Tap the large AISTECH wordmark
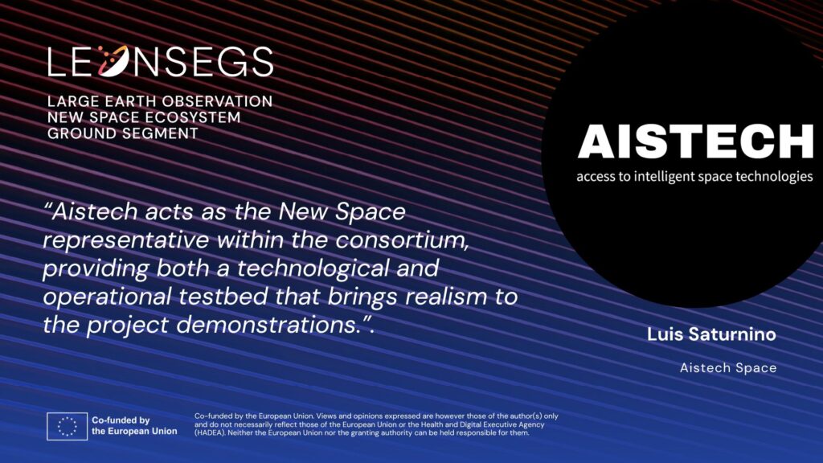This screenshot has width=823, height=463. pos(695,141)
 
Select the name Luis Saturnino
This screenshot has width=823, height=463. pos(711,334)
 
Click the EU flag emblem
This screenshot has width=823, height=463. pos(68,426)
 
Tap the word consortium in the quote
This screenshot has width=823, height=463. pos(402,240)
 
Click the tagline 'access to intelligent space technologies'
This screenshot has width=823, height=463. pos(694,176)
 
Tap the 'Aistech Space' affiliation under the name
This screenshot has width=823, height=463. pos(728,368)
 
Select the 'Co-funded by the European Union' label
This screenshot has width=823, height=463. pos(134,426)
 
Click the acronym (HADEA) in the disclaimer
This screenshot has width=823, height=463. pos(210,433)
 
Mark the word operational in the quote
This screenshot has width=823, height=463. pos(107,297)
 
